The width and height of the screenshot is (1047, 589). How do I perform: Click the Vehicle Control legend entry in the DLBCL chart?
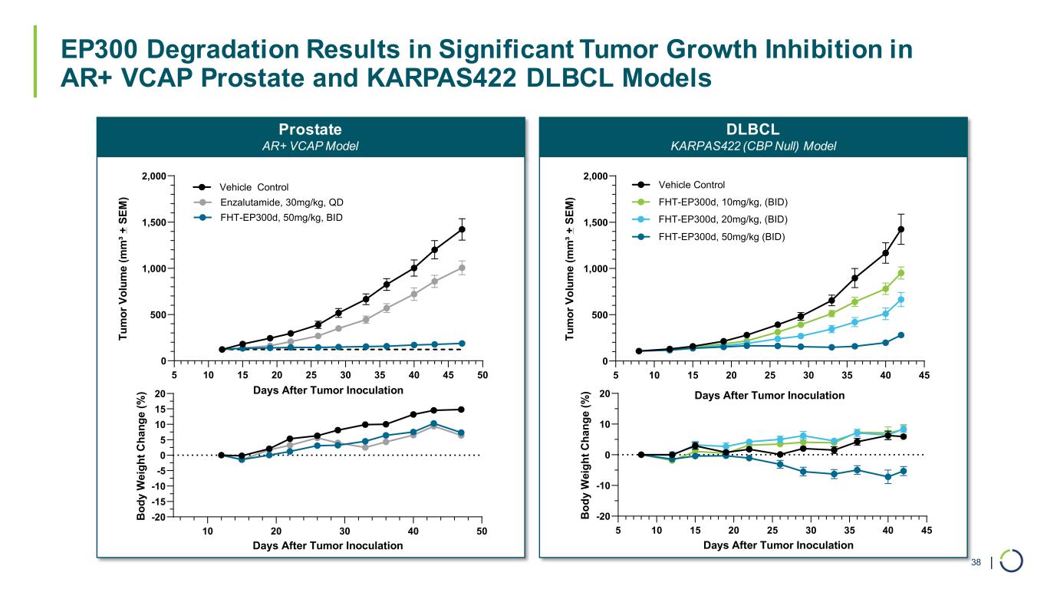(x=691, y=185)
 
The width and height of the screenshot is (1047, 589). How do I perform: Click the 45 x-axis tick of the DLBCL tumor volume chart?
(x=924, y=376)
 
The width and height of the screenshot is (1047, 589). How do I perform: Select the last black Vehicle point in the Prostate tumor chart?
(x=462, y=229)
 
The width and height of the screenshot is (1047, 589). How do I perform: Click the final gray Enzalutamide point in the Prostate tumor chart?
(x=462, y=268)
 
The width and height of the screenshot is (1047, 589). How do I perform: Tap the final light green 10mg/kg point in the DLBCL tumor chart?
(x=901, y=273)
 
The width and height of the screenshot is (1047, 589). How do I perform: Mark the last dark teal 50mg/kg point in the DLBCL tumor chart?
(x=901, y=335)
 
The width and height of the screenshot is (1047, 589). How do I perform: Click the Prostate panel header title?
(x=311, y=129)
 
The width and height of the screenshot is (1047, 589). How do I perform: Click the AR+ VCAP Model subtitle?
(x=311, y=146)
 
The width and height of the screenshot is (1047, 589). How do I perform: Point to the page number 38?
(x=976, y=564)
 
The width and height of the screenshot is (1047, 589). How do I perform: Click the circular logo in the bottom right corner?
(x=1012, y=561)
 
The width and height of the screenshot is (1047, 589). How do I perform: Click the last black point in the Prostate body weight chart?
(x=461, y=410)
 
